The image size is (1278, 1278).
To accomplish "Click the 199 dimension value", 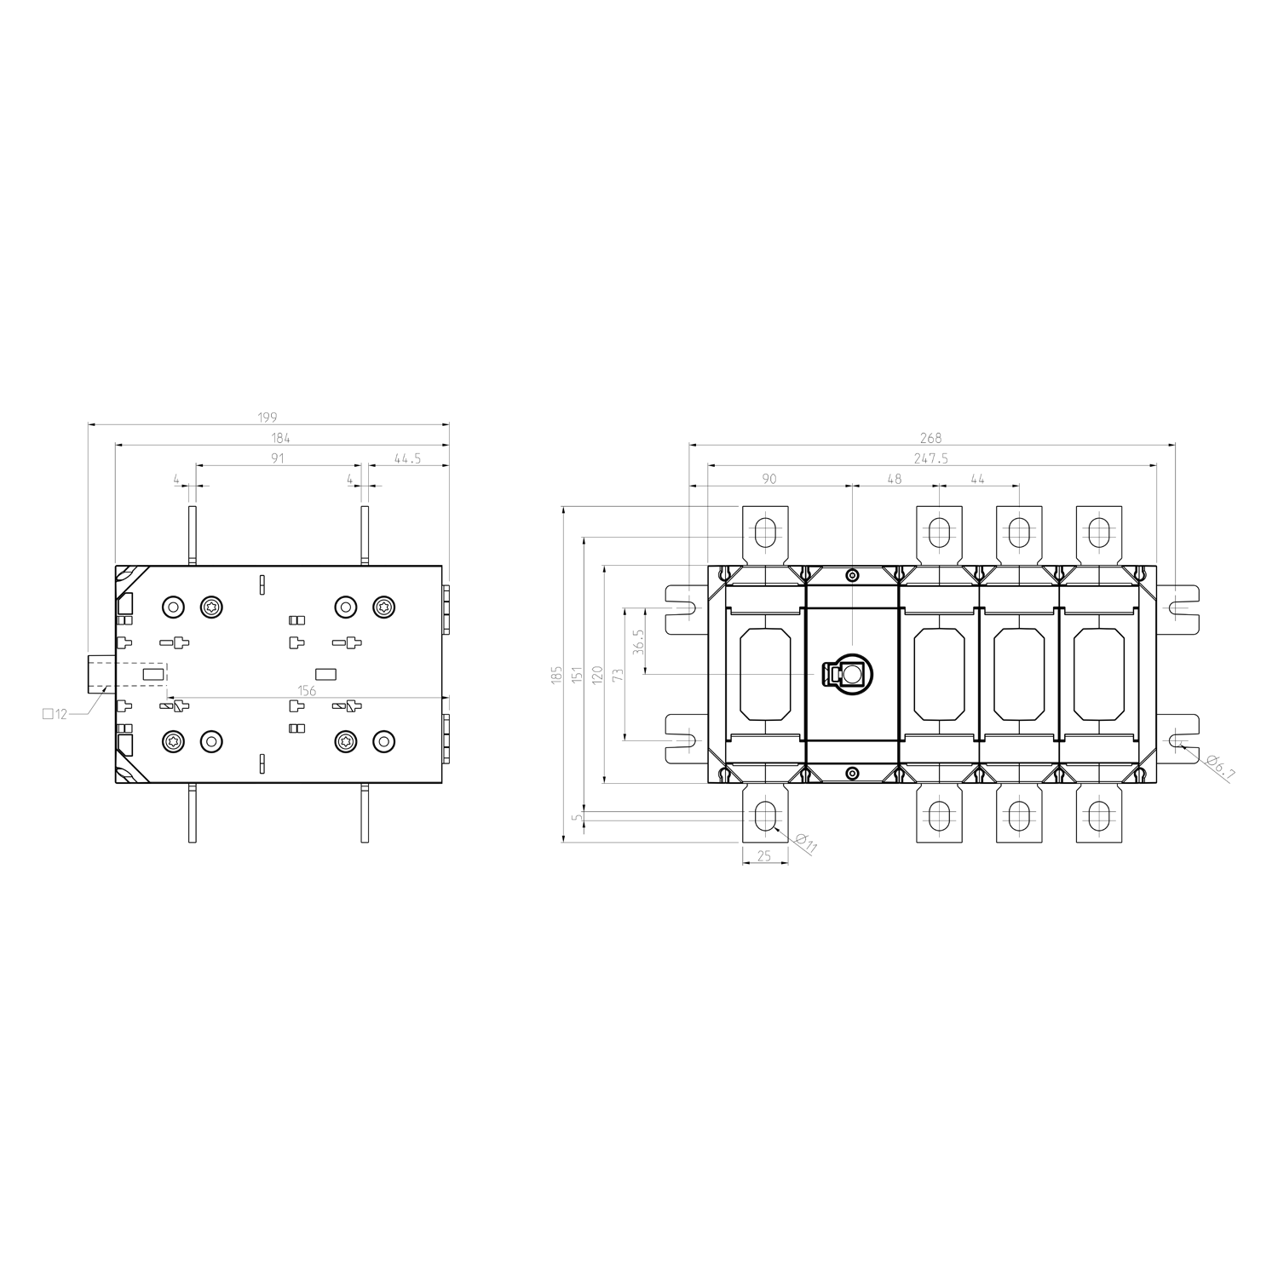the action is click(x=268, y=417).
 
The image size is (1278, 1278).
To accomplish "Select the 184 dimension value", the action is click(x=281, y=438).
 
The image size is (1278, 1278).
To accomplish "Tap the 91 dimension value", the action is click(x=278, y=458).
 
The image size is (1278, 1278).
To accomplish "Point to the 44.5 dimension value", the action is click(x=408, y=458).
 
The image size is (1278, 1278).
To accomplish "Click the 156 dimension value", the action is click(x=307, y=691).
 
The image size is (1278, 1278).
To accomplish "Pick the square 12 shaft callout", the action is click(x=55, y=714).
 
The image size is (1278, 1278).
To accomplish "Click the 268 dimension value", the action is click(x=931, y=438).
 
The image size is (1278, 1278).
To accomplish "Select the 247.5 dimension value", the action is click(x=931, y=458).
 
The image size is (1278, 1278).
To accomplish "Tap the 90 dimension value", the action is click(x=769, y=479).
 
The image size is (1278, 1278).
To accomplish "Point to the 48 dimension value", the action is click(x=894, y=479).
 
